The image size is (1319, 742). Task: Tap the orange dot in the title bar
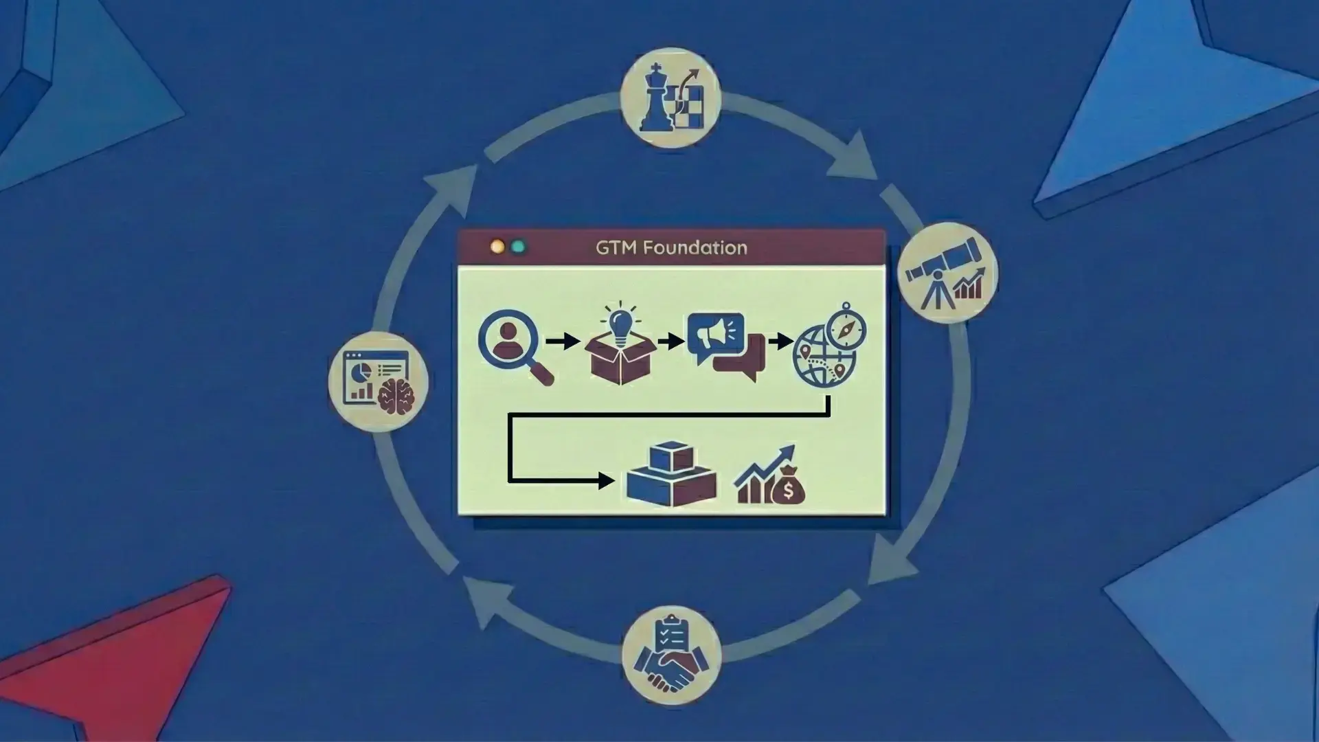click(497, 247)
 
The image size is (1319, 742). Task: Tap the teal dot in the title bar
click(519, 247)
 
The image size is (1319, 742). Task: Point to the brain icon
click(396, 396)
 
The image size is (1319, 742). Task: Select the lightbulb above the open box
click(620, 321)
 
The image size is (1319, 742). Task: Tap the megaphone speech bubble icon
click(715, 335)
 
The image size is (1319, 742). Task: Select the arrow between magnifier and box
click(563, 340)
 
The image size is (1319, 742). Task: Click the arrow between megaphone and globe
click(780, 340)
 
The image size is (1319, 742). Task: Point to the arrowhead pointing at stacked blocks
click(606, 480)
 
